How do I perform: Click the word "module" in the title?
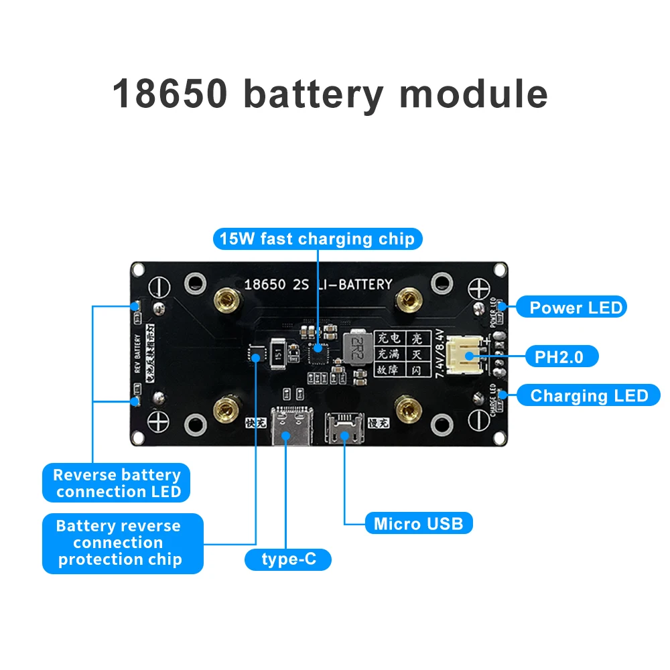coord(474,94)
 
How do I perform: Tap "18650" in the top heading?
coord(169,94)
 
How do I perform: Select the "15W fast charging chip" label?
coord(317,239)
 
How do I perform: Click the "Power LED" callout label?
coord(576,308)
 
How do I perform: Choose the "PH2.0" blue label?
coord(558,356)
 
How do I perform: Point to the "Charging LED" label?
coord(589,395)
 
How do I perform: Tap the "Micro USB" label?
coord(418,523)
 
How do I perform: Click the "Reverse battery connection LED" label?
coord(117,483)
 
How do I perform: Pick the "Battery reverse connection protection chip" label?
coord(119,543)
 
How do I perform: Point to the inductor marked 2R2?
coord(359,346)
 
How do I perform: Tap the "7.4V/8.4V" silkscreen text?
coord(440,352)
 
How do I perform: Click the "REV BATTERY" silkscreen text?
coord(137,353)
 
